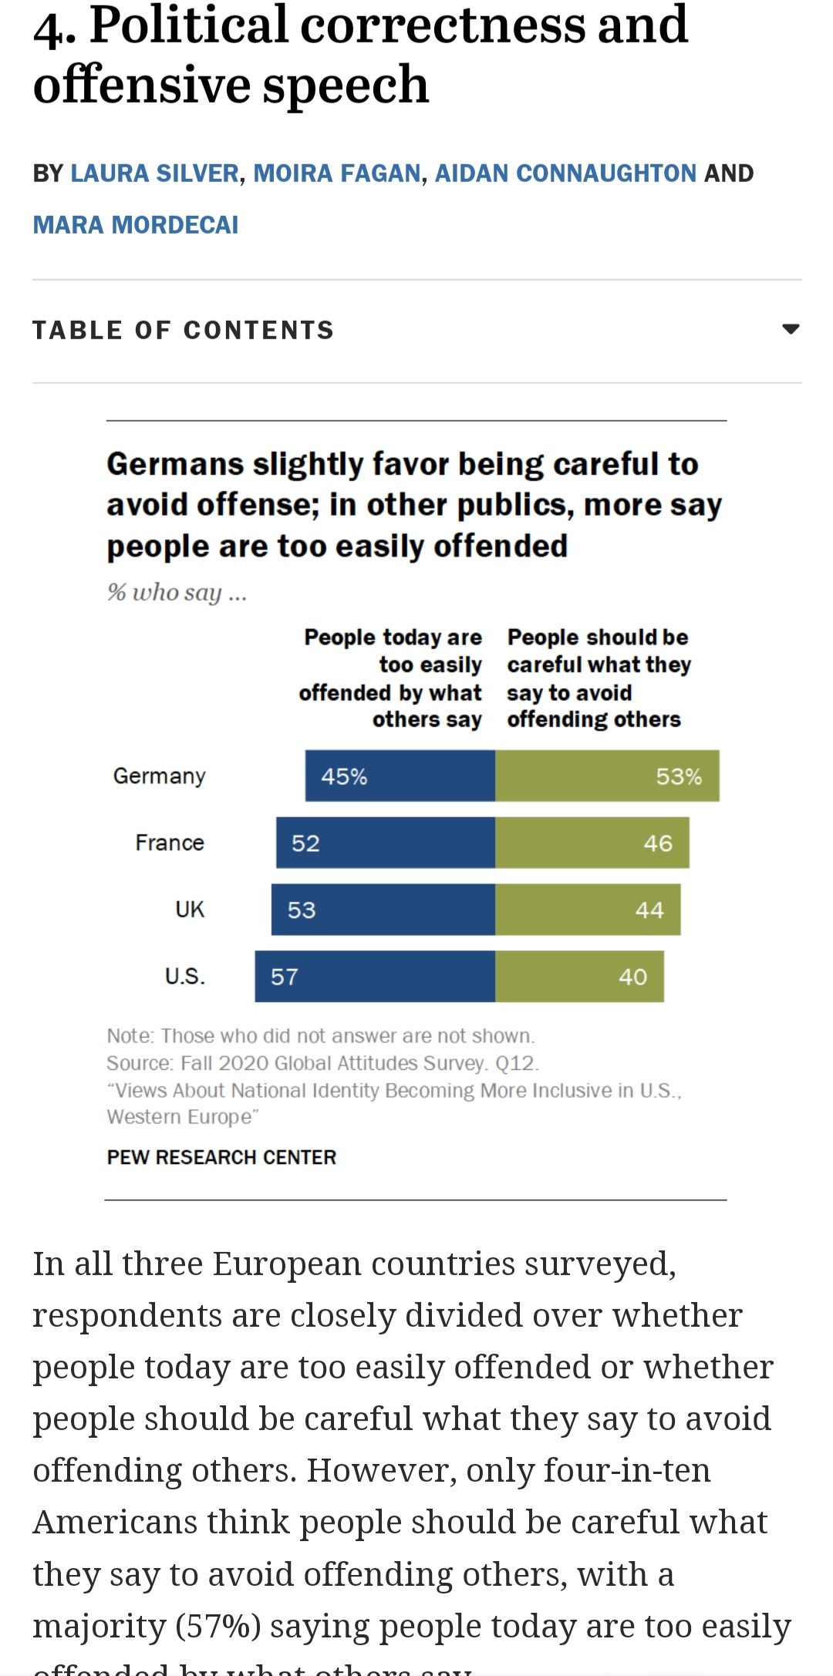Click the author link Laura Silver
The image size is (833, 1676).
(x=154, y=173)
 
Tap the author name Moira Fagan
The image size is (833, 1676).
(x=337, y=173)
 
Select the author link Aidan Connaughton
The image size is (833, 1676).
(x=565, y=173)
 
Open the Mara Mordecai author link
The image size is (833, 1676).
(x=136, y=225)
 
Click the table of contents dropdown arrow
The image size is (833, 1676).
(x=791, y=329)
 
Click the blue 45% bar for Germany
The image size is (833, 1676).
(x=400, y=776)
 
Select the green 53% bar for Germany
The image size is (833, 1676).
(x=607, y=776)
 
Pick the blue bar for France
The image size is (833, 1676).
(x=386, y=843)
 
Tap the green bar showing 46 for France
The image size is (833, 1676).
(x=592, y=843)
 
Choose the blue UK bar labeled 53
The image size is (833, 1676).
(x=383, y=910)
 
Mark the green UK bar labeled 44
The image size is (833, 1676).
(x=588, y=910)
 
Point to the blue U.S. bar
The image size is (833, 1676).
(x=375, y=977)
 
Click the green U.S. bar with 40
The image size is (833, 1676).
(x=579, y=977)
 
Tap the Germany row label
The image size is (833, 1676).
(x=160, y=776)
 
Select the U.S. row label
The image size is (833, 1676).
(x=185, y=977)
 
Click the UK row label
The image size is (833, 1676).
(x=190, y=910)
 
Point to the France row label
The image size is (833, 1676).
(x=170, y=843)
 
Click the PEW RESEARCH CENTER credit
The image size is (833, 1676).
(x=221, y=1157)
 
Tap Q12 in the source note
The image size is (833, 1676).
(x=515, y=1063)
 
